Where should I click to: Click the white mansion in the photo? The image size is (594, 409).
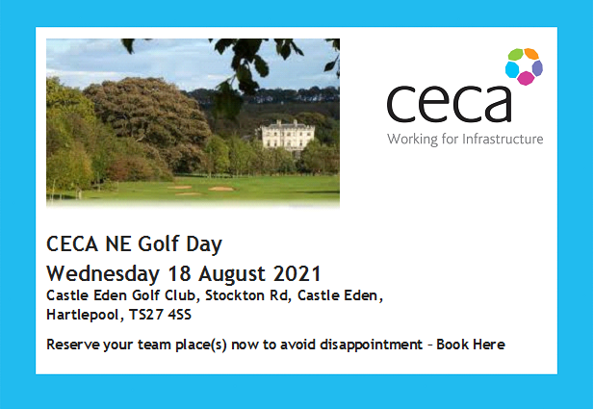tap(288, 135)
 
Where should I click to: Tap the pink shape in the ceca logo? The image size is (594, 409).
tap(526, 78)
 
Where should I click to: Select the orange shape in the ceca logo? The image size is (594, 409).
tap(531, 54)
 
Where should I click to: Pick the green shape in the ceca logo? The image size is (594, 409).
tap(516, 55)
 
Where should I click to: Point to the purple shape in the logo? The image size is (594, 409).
tap(537, 68)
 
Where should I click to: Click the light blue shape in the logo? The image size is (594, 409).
tap(512, 69)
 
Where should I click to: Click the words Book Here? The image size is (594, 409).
tap(471, 345)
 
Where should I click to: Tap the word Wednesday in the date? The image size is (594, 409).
tap(103, 274)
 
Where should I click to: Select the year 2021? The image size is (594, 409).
tap(297, 273)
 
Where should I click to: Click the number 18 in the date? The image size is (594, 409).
tap(179, 273)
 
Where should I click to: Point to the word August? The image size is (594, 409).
tap(231, 274)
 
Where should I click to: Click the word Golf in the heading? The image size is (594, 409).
tap(158, 243)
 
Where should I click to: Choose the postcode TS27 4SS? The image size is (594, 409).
tap(160, 315)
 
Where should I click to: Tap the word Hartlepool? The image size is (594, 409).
tap(83, 315)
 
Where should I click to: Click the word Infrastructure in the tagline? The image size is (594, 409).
tap(503, 139)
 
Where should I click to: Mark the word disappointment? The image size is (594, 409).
tap(372, 345)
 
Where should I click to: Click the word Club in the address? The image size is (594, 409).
tap(181, 295)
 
